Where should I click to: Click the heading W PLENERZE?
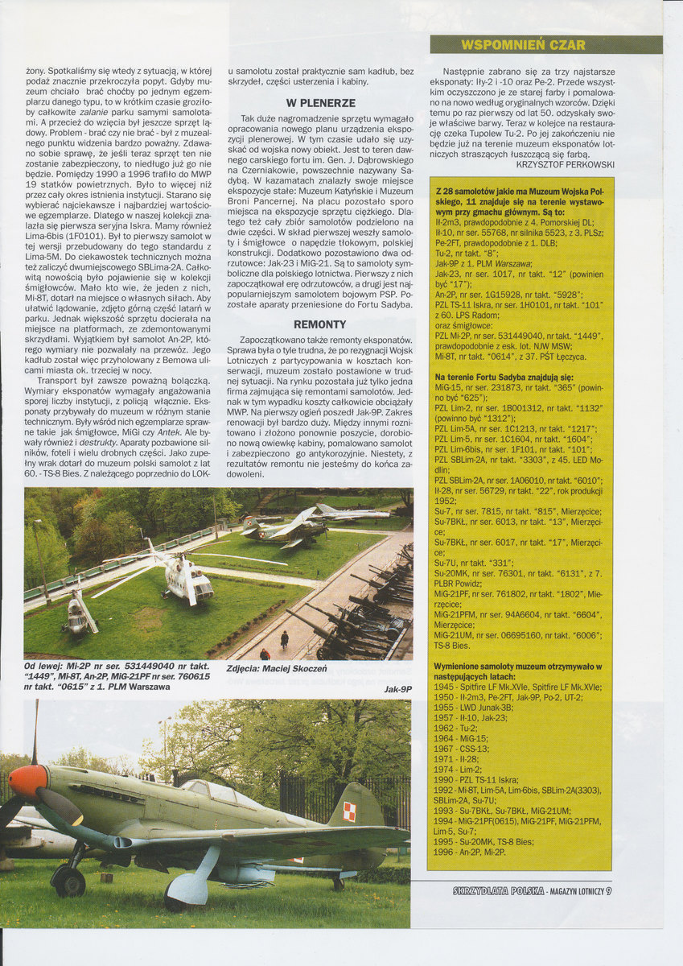(319, 103)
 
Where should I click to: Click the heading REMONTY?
(319, 324)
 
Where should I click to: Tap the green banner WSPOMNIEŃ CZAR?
(523, 45)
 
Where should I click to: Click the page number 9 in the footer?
(609, 890)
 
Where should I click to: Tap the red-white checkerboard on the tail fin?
(349, 811)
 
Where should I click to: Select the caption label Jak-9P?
(397, 690)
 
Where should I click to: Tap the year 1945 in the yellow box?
(446, 687)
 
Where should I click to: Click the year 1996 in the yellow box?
(446, 851)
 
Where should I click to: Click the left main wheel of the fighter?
(70, 881)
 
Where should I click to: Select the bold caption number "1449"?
(43, 677)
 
